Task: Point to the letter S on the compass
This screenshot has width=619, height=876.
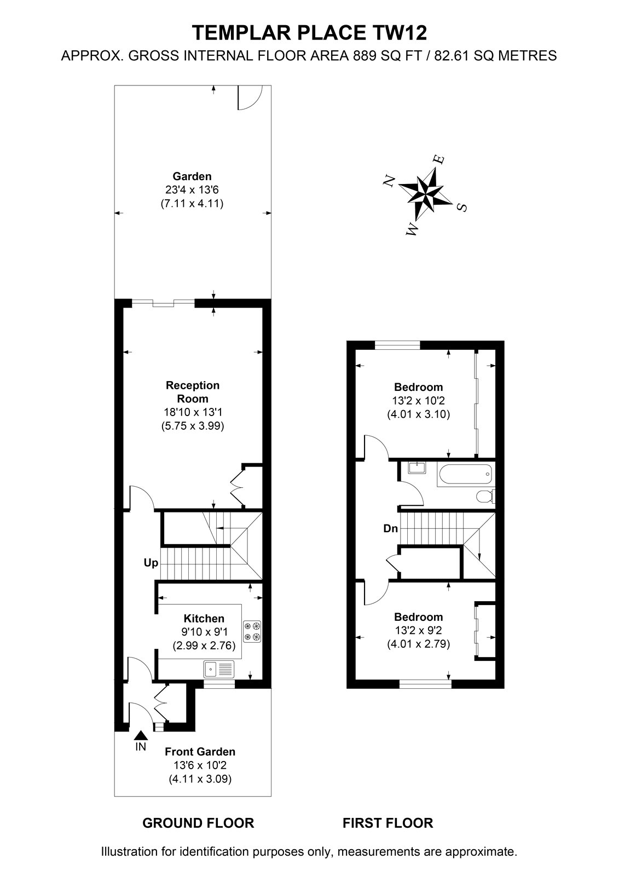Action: pyautogui.click(x=462, y=207)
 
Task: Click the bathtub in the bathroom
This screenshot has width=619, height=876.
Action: pyautogui.click(x=465, y=474)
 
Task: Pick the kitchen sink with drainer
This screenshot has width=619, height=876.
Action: pyautogui.click(x=218, y=669)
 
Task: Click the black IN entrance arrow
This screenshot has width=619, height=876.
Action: pyautogui.click(x=140, y=736)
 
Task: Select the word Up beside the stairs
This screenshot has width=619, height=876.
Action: pyautogui.click(x=151, y=563)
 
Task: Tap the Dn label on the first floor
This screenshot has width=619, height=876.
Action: pyautogui.click(x=390, y=529)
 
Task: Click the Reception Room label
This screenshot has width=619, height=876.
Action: pyautogui.click(x=193, y=392)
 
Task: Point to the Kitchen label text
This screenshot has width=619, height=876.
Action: pyautogui.click(x=204, y=618)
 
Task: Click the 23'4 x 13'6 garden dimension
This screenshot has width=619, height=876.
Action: pyautogui.click(x=192, y=189)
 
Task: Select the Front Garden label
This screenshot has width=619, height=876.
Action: pyautogui.click(x=200, y=752)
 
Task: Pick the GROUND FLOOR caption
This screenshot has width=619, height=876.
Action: pyautogui.click(x=198, y=823)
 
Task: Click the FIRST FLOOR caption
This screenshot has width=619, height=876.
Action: pyautogui.click(x=388, y=823)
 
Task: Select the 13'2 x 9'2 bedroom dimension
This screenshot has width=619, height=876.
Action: pyautogui.click(x=418, y=630)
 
